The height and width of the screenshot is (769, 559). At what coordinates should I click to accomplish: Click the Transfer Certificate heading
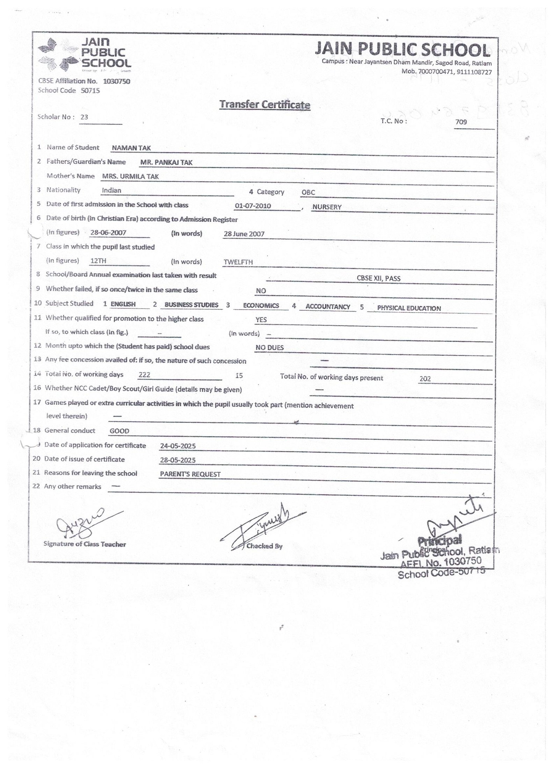(x=264, y=105)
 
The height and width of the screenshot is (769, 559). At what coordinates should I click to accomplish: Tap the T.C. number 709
(x=461, y=122)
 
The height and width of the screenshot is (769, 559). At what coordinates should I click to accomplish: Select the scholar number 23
(x=84, y=117)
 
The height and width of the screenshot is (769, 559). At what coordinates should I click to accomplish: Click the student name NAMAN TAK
(x=131, y=148)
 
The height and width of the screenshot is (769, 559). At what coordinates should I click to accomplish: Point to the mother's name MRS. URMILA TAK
(x=130, y=177)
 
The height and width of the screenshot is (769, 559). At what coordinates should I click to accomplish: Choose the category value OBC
(x=308, y=192)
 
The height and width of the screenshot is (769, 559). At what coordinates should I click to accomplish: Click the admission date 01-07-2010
(x=253, y=206)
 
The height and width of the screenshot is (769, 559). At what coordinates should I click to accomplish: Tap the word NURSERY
(x=327, y=207)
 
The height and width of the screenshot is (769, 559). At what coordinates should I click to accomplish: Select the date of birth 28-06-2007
(x=108, y=232)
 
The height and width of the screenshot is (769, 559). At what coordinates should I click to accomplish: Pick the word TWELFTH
(x=238, y=262)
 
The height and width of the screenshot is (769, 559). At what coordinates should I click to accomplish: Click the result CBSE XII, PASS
(x=378, y=279)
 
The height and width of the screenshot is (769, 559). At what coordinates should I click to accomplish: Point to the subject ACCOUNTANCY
(x=327, y=307)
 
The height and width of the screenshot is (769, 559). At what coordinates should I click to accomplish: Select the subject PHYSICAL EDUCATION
(x=409, y=308)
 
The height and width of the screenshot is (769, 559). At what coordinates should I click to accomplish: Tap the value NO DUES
(x=269, y=347)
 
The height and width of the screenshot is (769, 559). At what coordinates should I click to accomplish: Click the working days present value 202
(x=425, y=379)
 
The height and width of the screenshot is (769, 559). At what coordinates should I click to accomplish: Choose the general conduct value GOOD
(x=119, y=431)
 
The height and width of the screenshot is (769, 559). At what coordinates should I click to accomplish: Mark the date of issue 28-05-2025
(x=177, y=460)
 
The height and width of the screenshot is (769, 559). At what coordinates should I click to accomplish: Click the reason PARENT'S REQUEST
(x=190, y=474)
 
